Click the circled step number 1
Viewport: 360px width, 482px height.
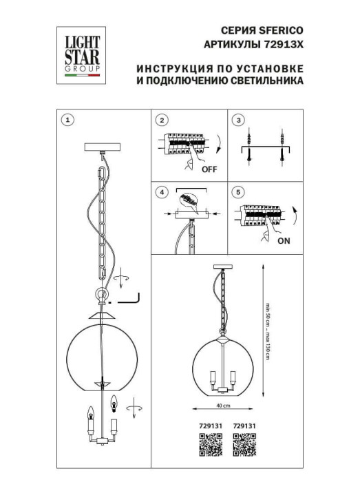[67, 120]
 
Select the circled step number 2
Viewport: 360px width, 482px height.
[162, 120]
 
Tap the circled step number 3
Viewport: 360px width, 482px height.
[238, 120]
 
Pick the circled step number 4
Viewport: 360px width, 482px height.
[162, 192]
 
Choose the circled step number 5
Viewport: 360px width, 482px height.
[238, 192]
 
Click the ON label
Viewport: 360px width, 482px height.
[283, 241]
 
